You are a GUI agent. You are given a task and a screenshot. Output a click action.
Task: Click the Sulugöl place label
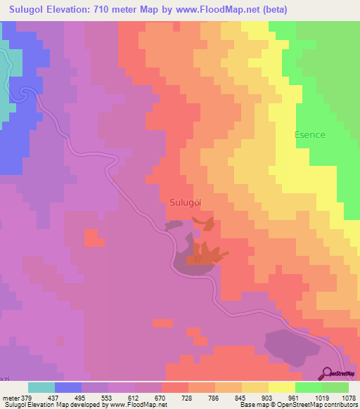coord(186,202)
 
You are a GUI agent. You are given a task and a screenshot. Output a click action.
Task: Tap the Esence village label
coord(309,135)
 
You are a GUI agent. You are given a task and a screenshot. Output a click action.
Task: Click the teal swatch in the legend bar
coord(41,387)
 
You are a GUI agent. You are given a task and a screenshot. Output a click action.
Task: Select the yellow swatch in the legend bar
coord(281,387)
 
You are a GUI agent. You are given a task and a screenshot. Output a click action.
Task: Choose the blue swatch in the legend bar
coord(67,387)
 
